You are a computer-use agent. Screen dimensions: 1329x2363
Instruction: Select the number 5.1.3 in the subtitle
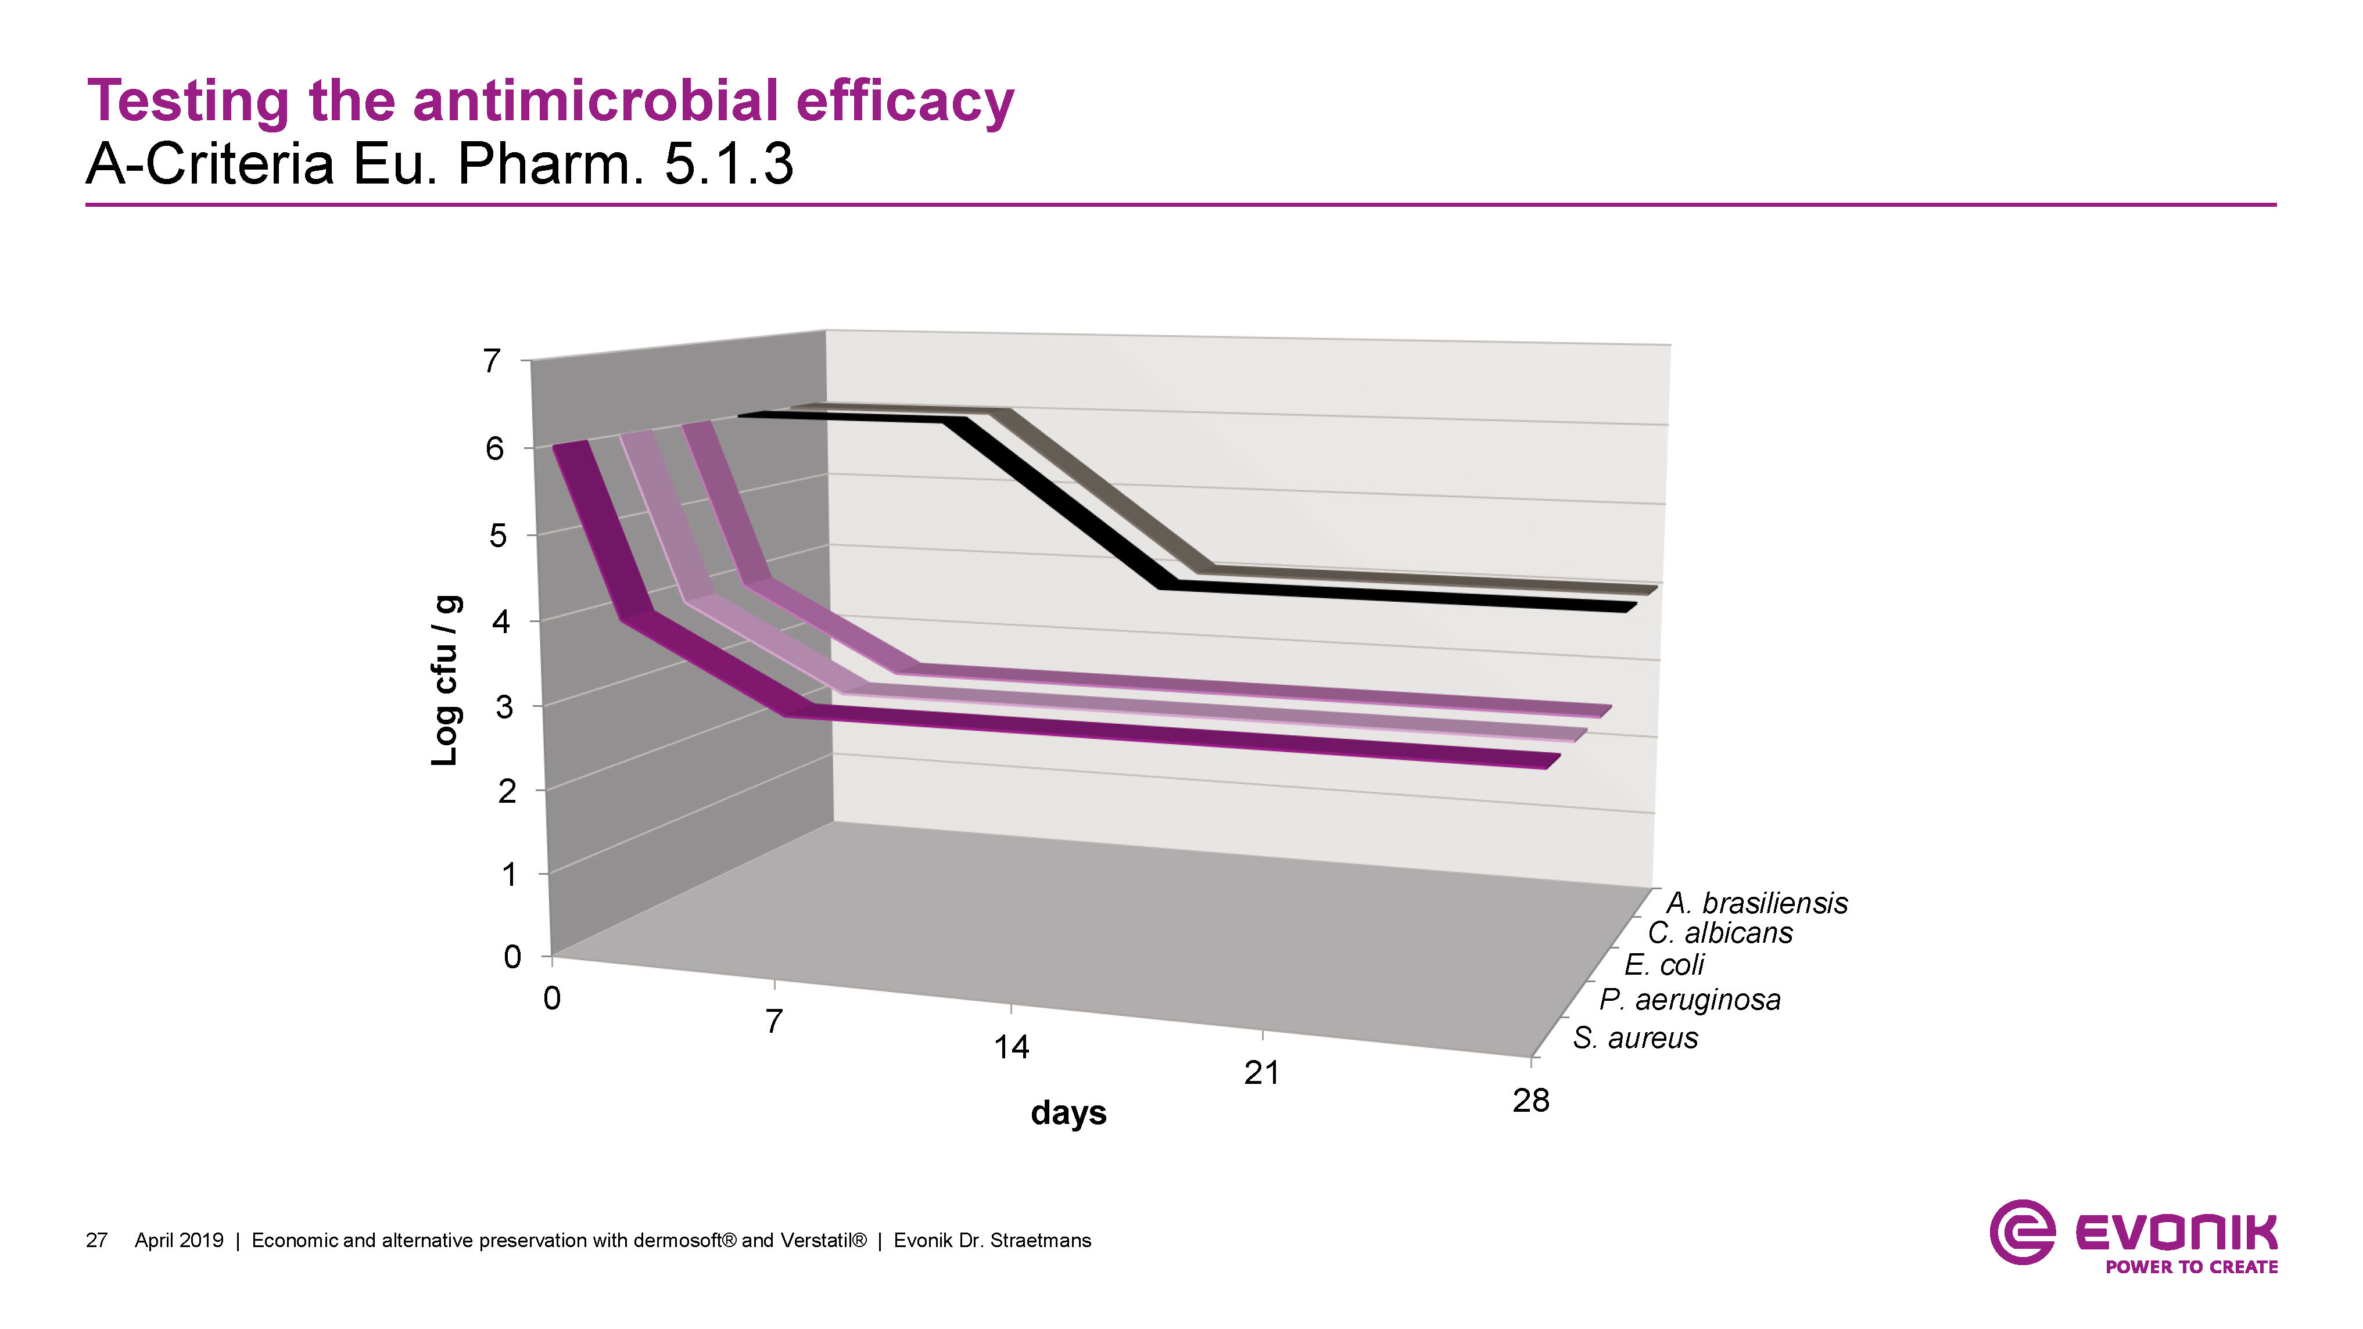click(727, 164)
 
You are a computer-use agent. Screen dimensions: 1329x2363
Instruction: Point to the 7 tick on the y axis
click(493, 361)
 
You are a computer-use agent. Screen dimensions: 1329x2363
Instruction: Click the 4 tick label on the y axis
click(501, 622)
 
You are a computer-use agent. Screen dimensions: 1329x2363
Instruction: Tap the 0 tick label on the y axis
click(513, 957)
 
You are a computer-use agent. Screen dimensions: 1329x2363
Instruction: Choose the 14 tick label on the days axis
click(1011, 1047)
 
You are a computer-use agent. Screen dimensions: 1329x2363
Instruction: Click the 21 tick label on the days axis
click(1261, 1072)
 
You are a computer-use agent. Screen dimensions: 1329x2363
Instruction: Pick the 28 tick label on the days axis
click(1530, 1100)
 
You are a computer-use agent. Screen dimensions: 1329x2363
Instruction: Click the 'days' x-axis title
click(1068, 1112)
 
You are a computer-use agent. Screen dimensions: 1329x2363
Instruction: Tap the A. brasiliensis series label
click(1756, 903)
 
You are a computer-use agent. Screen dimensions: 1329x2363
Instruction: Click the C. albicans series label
click(1720, 933)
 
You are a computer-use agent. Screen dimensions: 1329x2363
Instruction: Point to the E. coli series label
click(1664, 964)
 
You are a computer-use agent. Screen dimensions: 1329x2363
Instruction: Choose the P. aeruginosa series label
click(1690, 999)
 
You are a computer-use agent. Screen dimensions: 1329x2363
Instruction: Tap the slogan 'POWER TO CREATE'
click(2192, 1267)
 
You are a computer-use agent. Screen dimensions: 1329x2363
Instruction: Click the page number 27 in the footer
click(96, 1240)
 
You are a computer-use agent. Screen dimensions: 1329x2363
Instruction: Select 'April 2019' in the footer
click(179, 1240)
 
